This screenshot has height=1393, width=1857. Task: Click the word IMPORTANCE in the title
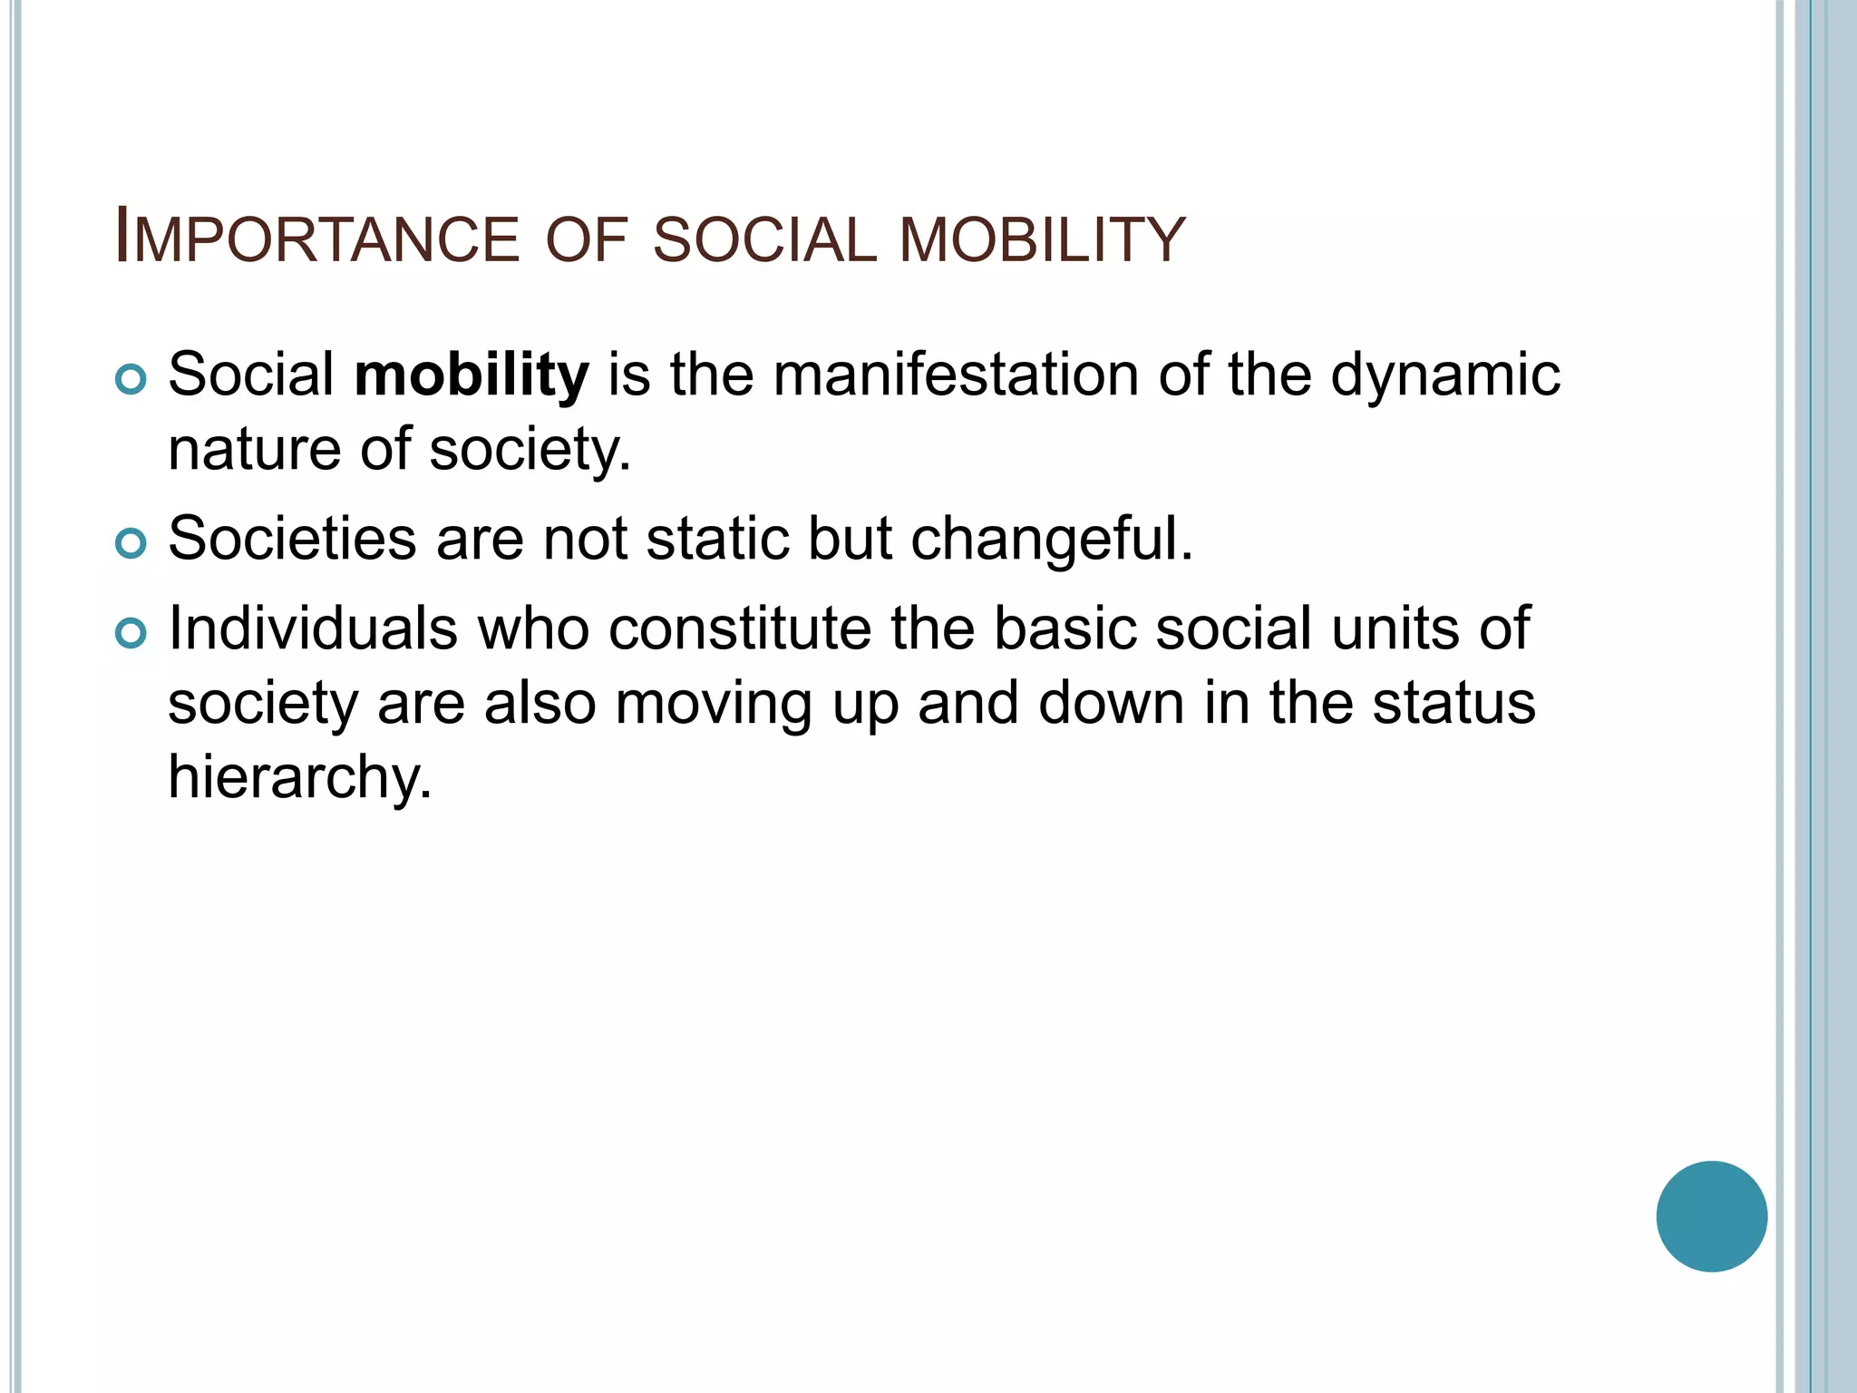[316, 239]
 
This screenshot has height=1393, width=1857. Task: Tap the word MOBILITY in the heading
[1042, 239]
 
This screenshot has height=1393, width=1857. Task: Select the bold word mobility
[472, 375]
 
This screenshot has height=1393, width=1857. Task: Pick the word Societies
[292, 539]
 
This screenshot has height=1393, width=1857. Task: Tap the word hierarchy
[300, 778]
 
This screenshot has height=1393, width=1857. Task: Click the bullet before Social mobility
[131, 379]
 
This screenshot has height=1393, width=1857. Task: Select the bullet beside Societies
[131, 543]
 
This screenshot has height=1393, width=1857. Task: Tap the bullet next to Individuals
[131, 633]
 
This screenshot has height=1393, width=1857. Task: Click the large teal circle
[1711, 1216]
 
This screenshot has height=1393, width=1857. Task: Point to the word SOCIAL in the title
[764, 239]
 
